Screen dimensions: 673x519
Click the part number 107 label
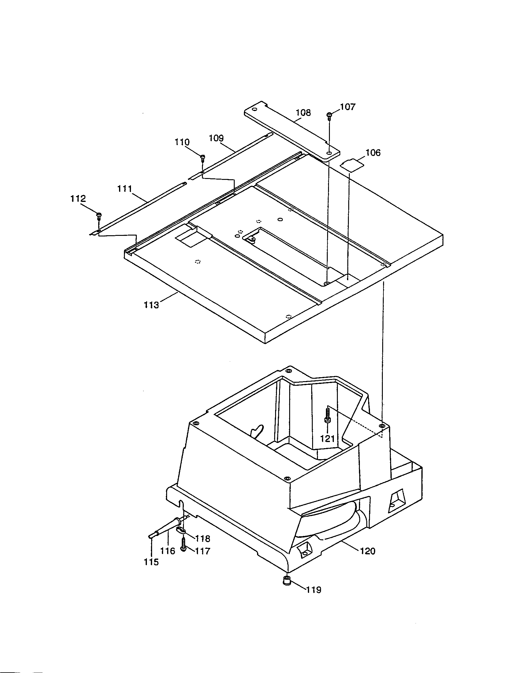pos(348,107)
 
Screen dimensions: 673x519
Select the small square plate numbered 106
pos(352,163)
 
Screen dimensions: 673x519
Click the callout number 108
pos(303,113)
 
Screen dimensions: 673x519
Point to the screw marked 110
pos(203,158)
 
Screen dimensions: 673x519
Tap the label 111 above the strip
pos(125,188)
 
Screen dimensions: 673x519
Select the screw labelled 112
pos(99,215)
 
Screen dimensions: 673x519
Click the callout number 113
pos(151,305)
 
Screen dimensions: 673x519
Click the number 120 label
pos(368,551)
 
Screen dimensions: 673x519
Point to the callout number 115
pos(151,562)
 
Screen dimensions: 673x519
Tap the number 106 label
pos(373,153)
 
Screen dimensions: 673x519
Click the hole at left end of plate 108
pos(254,110)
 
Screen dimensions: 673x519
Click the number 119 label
pos(314,590)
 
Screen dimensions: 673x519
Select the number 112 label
pos(78,199)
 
